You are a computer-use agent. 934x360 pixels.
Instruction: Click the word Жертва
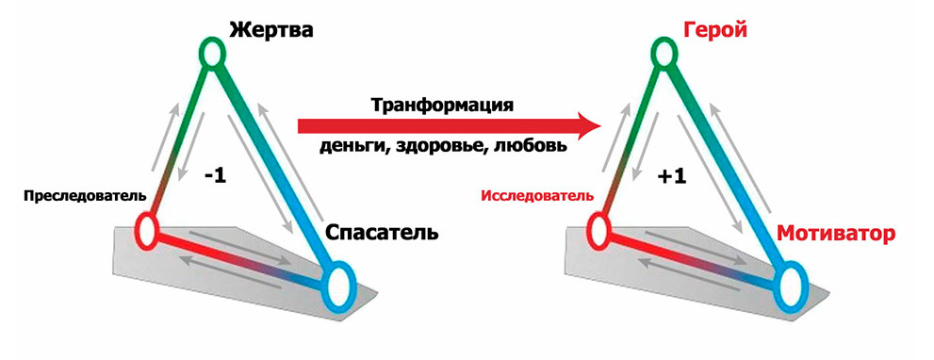click(x=271, y=31)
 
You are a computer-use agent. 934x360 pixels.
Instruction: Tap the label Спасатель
click(x=382, y=233)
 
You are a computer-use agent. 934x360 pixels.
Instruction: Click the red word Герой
click(x=714, y=31)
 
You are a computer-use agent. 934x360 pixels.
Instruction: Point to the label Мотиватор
click(x=836, y=234)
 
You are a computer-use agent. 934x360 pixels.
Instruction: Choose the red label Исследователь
click(x=537, y=195)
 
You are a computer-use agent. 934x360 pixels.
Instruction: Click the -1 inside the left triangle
click(x=215, y=177)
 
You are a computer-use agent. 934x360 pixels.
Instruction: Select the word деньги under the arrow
click(x=352, y=146)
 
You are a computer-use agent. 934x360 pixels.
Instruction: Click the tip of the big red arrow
click(x=600, y=125)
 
